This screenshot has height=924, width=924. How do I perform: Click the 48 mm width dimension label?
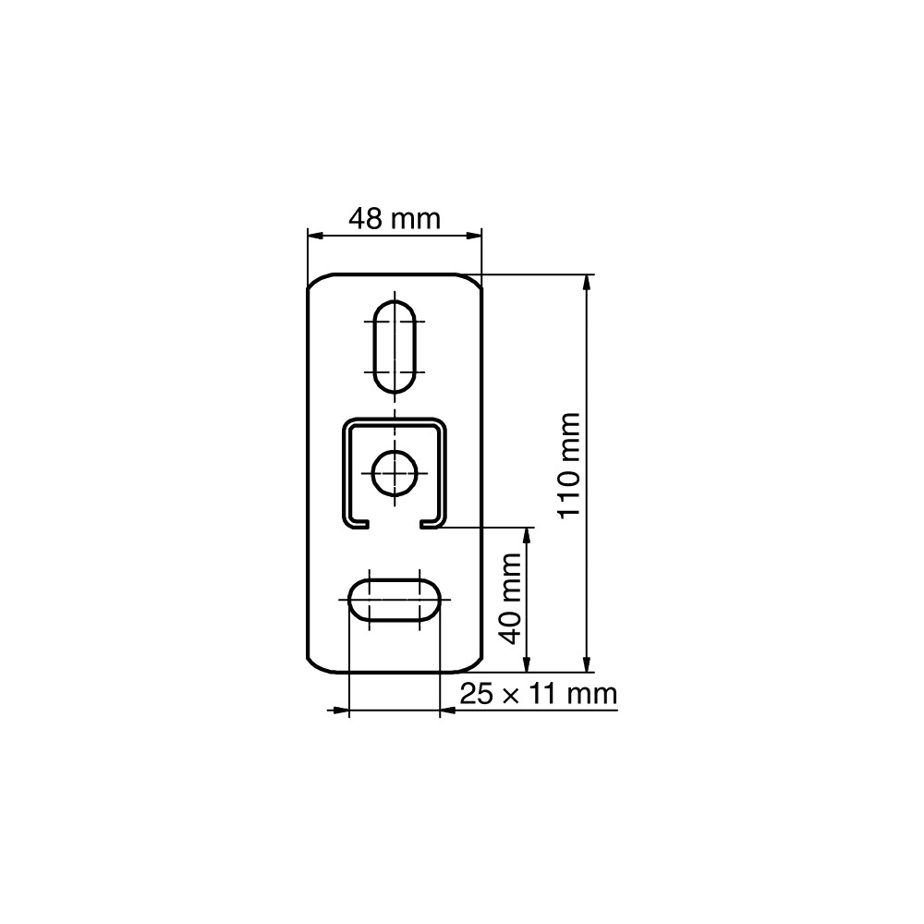395,219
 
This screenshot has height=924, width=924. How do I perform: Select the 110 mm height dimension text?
570,466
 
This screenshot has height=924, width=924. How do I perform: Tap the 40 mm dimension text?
510,599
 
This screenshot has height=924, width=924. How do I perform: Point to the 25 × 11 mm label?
538,694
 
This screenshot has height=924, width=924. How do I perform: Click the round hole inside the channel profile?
395,472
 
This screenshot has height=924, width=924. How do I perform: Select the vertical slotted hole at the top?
395,346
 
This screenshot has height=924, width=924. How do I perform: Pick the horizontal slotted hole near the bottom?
395,600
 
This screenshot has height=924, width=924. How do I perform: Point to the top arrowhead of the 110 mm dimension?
586,283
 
